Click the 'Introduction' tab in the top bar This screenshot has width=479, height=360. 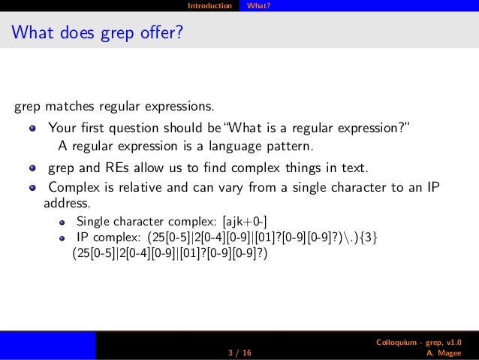[x=209, y=6]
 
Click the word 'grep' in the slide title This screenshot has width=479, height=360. [x=110, y=34]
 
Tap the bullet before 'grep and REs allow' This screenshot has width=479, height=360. [x=33, y=167]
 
